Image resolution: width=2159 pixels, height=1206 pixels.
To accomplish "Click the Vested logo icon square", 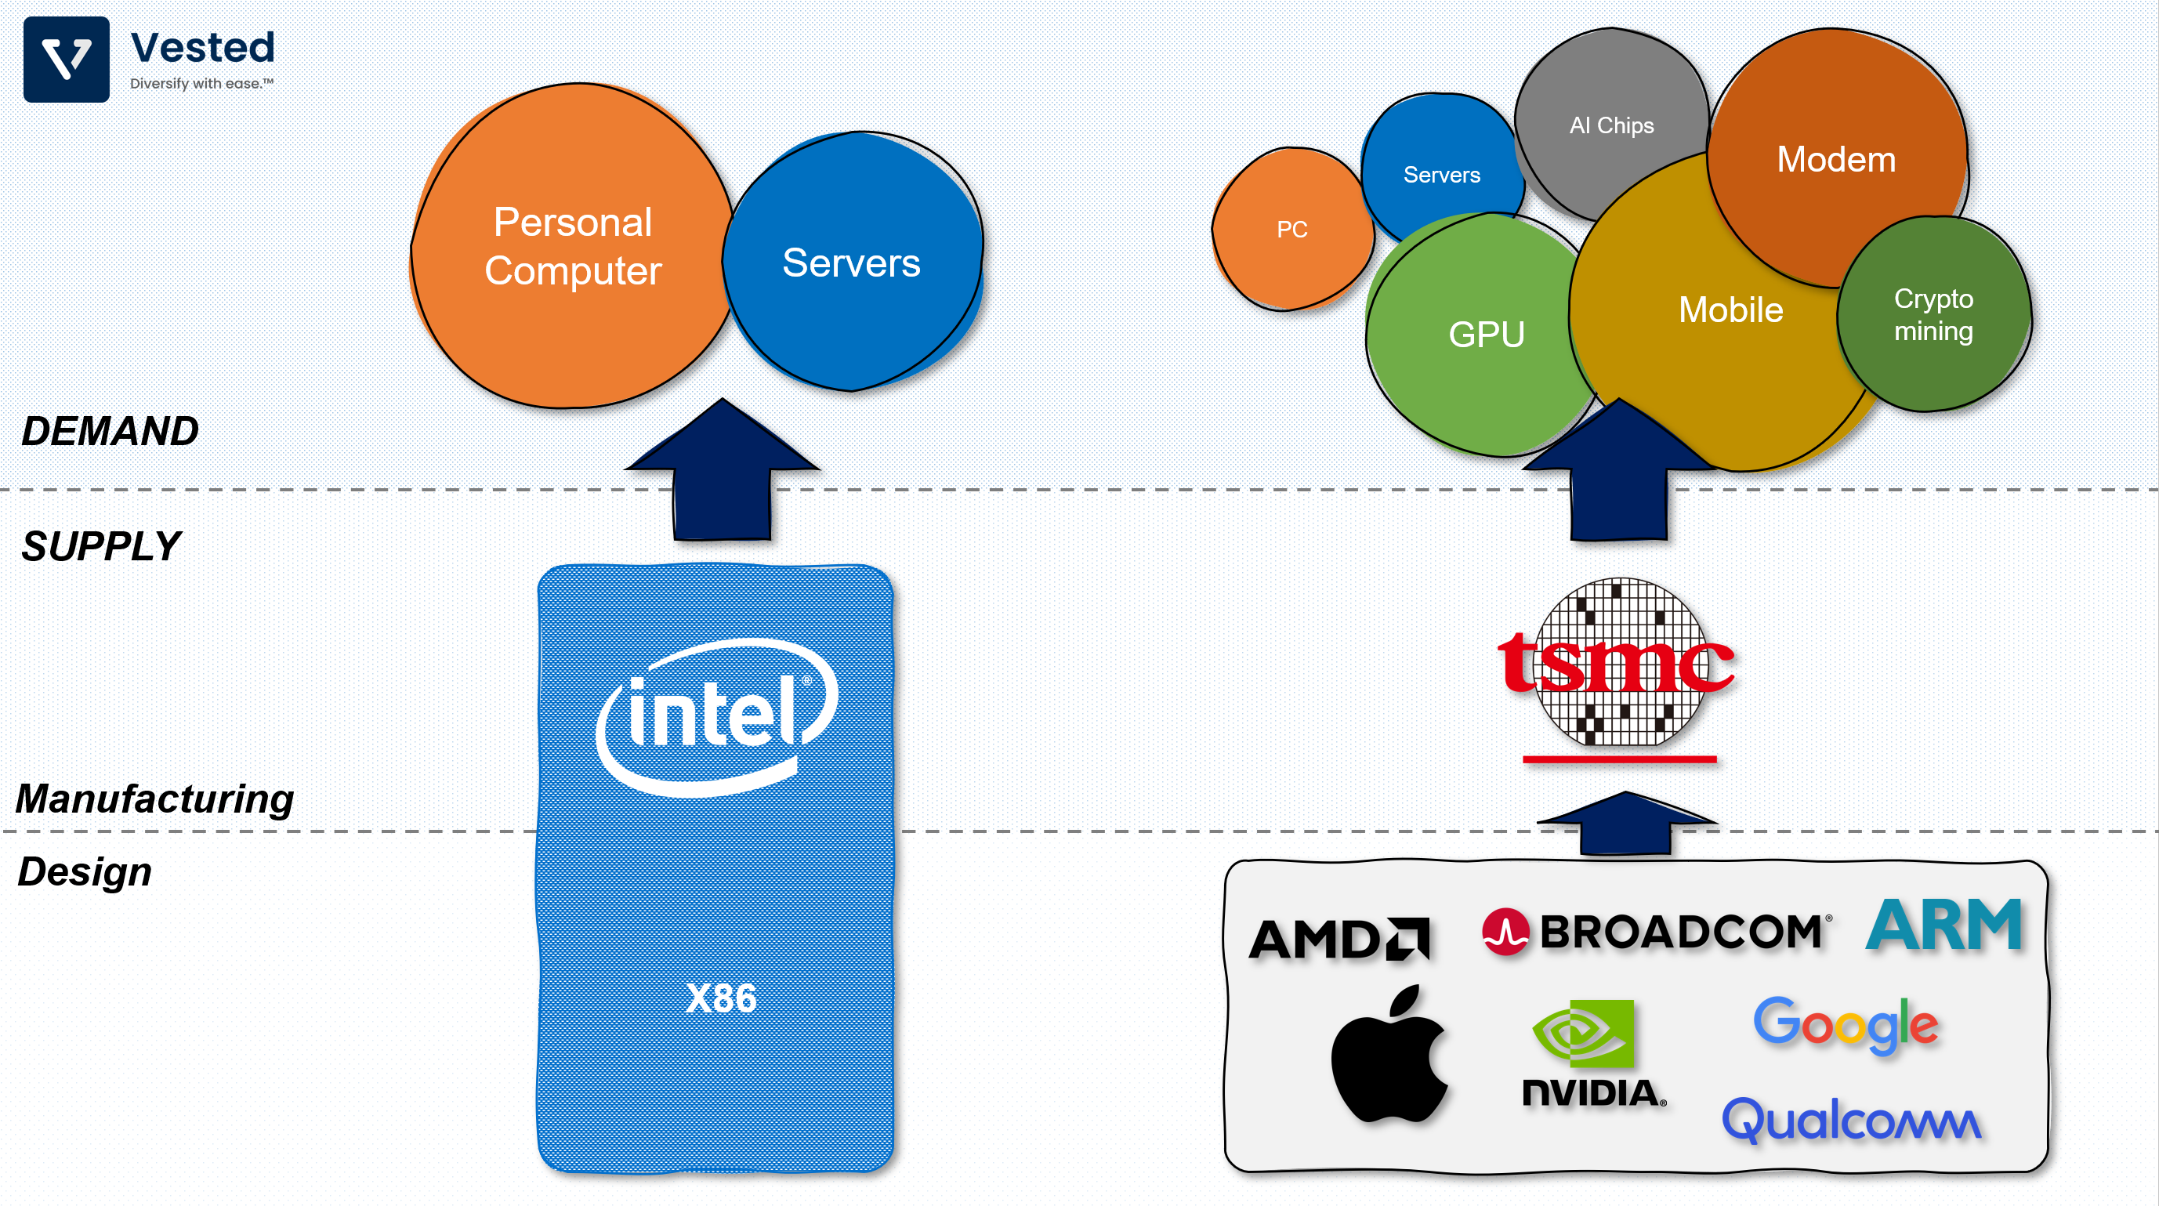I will pos(66,60).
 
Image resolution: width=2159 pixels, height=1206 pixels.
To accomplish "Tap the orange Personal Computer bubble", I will pos(572,246).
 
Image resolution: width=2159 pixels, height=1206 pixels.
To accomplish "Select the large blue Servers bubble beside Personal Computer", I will pos(852,263).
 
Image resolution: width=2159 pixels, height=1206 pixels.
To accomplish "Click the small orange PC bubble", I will pos(1291,230).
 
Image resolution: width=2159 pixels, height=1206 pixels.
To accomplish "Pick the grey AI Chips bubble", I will pos(1611,125).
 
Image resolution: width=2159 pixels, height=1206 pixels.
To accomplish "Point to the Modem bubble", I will pos(1835,159).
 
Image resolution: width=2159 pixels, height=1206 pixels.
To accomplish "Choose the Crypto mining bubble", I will pos(1933,314).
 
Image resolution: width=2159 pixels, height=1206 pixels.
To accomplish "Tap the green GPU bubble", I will pos(1486,335).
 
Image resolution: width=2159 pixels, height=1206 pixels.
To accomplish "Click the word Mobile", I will pos(1730,310).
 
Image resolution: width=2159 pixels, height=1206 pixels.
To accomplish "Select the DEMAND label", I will pos(110,431).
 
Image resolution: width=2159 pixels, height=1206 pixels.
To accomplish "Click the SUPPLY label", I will pos(100,546).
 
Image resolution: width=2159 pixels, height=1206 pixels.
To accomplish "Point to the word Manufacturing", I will pos(155,798).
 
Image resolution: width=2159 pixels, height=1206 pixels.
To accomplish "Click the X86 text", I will pos(720,998).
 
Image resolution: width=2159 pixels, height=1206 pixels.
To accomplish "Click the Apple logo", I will pos(1389,1056).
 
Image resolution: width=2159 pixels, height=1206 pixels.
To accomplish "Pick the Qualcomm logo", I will pos(1850,1120).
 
